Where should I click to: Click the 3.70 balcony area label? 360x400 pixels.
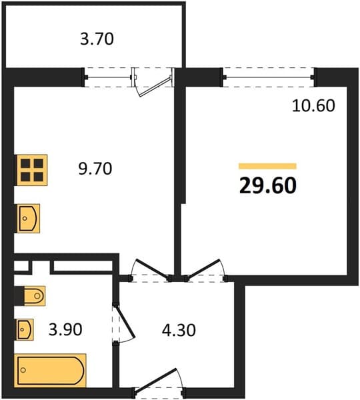pyautogui.click(x=97, y=39)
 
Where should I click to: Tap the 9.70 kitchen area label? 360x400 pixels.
pyautogui.click(x=95, y=169)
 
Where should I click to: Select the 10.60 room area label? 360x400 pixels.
pyautogui.click(x=313, y=105)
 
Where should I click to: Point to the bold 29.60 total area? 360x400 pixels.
pyautogui.click(x=268, y=185)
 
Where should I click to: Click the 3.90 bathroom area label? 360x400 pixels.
pyautogui.click(x=65, y=329)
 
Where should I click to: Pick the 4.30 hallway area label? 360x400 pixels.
pyautogui.click(x=179, y=330)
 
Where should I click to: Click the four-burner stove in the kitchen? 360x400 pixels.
pyautogui.click(x=32, y=170)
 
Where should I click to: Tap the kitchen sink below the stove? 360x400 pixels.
pyautogui.click(x=28, y=219)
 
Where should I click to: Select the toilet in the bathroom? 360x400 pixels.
pyautogui.click(x=35, y=295)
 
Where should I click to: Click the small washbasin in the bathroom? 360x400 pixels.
pyautogui.click(x=25, y=329)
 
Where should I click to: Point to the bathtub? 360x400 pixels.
pyautogui.click(x=50, y=370)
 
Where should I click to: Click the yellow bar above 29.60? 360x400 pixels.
pyautogui.click(x=267, y=166)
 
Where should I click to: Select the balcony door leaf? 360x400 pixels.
pyautogui.click(x=155, y=87)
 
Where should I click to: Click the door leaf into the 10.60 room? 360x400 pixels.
pyautogui.click(x=203, y=269)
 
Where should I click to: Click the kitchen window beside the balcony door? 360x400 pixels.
pyautogui.click(x=108, y=77)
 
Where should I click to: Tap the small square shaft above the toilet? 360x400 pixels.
pyautogui.click(x=21, y=265)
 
